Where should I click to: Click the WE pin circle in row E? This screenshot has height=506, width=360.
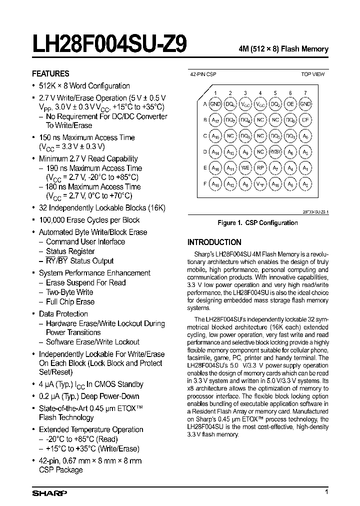(245, 168)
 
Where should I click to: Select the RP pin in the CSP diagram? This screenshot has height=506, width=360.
(260, 168)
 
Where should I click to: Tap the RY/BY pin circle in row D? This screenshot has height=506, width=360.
(275, 152)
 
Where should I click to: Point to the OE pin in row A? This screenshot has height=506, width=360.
(290, 104)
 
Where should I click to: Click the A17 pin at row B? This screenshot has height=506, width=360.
(215, 120)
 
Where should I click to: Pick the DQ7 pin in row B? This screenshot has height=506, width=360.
(230, 120)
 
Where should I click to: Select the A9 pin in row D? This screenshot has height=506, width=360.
(245, 152)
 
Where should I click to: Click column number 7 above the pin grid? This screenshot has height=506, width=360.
(305, 93)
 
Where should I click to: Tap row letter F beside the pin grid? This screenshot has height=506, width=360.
(204, 184)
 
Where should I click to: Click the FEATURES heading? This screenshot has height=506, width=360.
(50, 73)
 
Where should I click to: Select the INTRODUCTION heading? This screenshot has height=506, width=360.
(214, 242)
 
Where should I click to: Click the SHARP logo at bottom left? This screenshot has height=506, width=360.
(49, 493)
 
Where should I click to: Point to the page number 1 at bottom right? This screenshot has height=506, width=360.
(326, 492)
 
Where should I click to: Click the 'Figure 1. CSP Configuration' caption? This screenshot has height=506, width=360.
(257, 222)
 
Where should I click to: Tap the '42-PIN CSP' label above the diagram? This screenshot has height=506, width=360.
(202, 74)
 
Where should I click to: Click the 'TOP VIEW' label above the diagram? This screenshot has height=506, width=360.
(312, 74)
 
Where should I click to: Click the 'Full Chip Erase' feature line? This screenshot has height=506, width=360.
(70, 301)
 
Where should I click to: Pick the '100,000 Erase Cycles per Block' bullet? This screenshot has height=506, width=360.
(89, 220)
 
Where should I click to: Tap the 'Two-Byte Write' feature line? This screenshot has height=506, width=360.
(69, 292)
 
